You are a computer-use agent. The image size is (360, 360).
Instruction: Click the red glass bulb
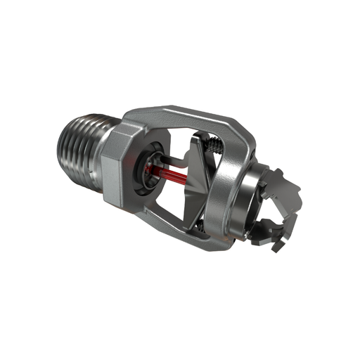pyautogui.click(x=167, y=172)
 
